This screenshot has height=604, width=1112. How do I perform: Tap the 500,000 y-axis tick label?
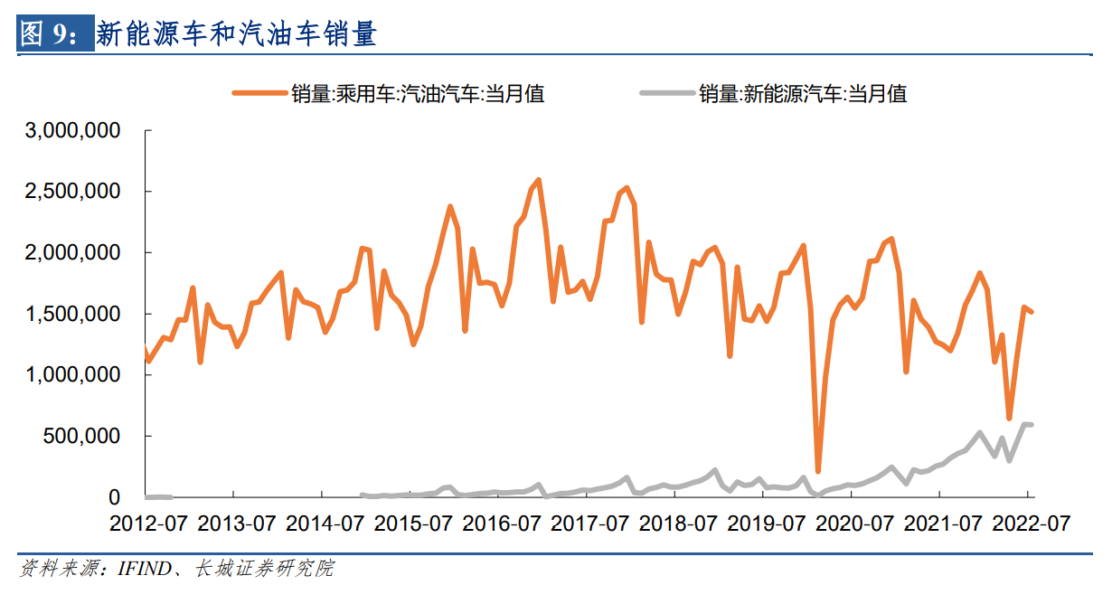(89, 436)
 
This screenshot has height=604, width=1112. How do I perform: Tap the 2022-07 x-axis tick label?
(1029, 524)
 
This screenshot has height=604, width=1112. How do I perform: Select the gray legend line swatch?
(667, 93)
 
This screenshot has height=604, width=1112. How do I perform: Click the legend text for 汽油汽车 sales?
(417, 93)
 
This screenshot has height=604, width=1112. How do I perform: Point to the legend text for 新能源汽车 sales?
(802, 93)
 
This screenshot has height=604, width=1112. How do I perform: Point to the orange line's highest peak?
(539, 180)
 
